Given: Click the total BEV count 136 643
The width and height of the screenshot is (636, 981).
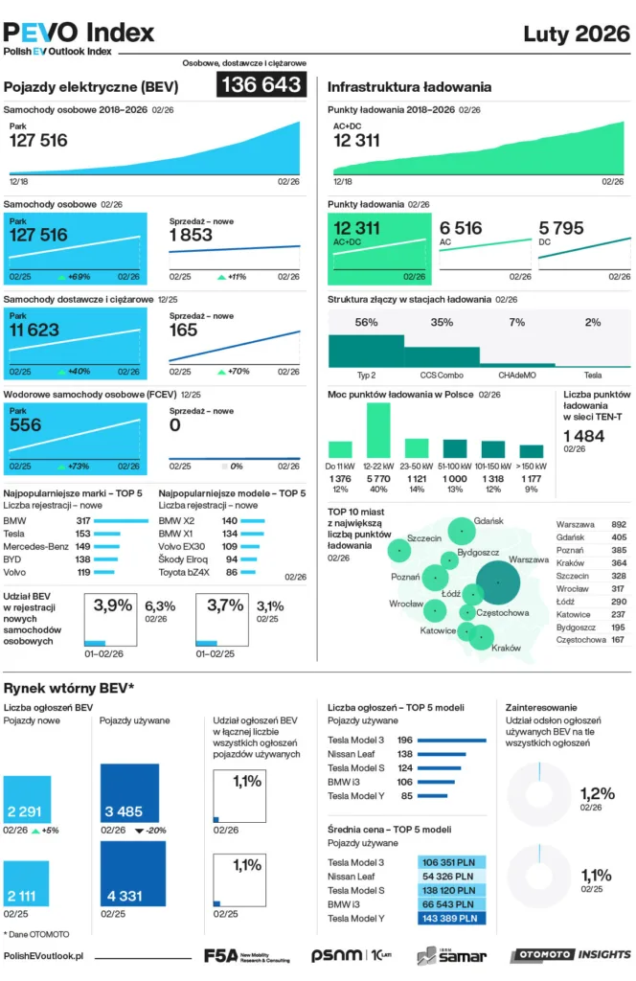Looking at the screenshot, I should (261, 84).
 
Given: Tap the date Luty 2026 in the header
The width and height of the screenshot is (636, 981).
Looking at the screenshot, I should (577, 35).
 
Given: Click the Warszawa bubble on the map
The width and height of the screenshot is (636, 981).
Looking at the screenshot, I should (497, 582).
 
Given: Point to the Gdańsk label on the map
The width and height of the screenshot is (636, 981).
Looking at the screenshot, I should (488, 520).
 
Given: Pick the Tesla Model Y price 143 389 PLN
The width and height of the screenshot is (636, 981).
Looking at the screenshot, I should (453, 918).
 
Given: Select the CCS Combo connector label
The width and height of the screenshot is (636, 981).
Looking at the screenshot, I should (442, 375).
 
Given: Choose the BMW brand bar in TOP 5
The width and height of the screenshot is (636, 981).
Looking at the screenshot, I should (123, 520).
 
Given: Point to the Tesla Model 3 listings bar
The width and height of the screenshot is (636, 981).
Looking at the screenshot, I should (452, 740).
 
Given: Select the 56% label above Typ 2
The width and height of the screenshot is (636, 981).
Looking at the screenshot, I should (366, 323).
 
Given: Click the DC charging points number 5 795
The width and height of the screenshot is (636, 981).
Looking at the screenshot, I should (561, 228).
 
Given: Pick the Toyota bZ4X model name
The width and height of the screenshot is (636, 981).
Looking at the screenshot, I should (186, 572).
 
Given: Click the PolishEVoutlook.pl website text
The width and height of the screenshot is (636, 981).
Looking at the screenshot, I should (44, 955).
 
